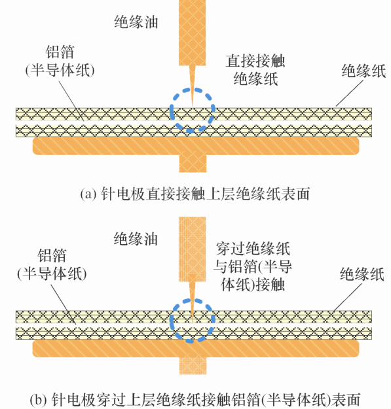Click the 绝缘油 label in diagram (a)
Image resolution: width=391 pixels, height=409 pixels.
(x=136, y=22)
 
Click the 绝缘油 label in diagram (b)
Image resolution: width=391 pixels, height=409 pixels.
(x=136, y=239)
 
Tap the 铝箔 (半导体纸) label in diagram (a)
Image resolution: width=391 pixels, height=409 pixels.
(x=60, y=61)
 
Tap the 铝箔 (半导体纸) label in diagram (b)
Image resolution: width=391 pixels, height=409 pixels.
(x=52, y=264)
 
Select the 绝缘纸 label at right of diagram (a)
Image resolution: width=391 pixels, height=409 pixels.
(x=364, y=71)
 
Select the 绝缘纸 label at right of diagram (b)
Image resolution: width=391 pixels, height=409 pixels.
(x=362, y=274)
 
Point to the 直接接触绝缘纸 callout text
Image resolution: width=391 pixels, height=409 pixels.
(x=255, y=69)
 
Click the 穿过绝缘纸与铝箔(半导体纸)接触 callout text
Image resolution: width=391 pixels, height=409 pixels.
(x=253, y=266)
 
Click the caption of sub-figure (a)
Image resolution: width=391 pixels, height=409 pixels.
(x=195, y=194)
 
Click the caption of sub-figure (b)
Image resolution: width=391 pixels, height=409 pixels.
(x=195, y=399)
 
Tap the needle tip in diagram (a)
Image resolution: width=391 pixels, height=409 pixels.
(x=193, y=107)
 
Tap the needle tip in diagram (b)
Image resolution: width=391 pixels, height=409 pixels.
(x=193, y=323)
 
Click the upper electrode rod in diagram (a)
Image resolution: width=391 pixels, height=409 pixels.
(x=192, y=33)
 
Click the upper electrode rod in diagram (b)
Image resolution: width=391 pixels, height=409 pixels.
(x=192, y=249)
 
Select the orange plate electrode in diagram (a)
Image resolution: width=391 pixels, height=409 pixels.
(x=196, y=146)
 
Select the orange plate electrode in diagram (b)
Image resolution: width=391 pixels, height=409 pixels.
(x=196, y=348)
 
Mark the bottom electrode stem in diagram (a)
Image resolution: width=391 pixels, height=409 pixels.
(x=193, y=164)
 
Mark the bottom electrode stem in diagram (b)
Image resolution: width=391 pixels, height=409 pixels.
(x=193, y=366)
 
